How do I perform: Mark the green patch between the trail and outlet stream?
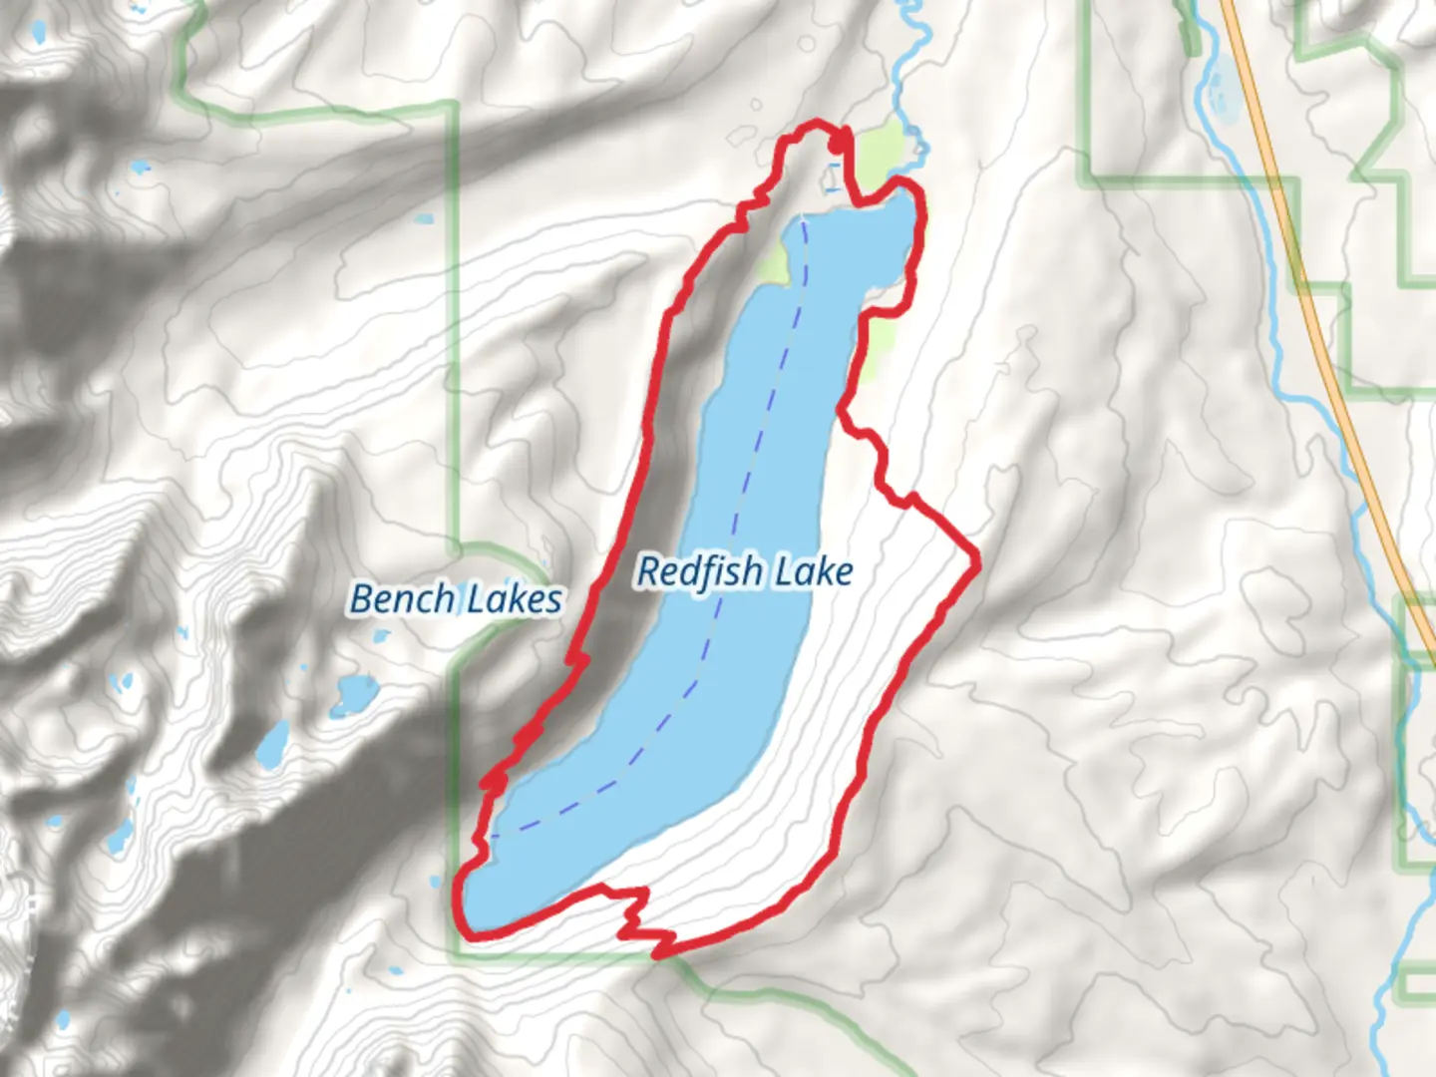pyautogui.click(x=883, y=150)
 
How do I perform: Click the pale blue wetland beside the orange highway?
pyautogui.click(x=1219, y=85)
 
